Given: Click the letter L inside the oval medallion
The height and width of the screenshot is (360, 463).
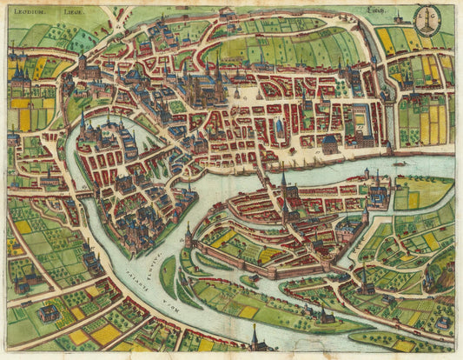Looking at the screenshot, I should tap(420, 17).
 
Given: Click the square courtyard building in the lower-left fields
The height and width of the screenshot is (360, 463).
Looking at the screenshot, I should tap(49, 313).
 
